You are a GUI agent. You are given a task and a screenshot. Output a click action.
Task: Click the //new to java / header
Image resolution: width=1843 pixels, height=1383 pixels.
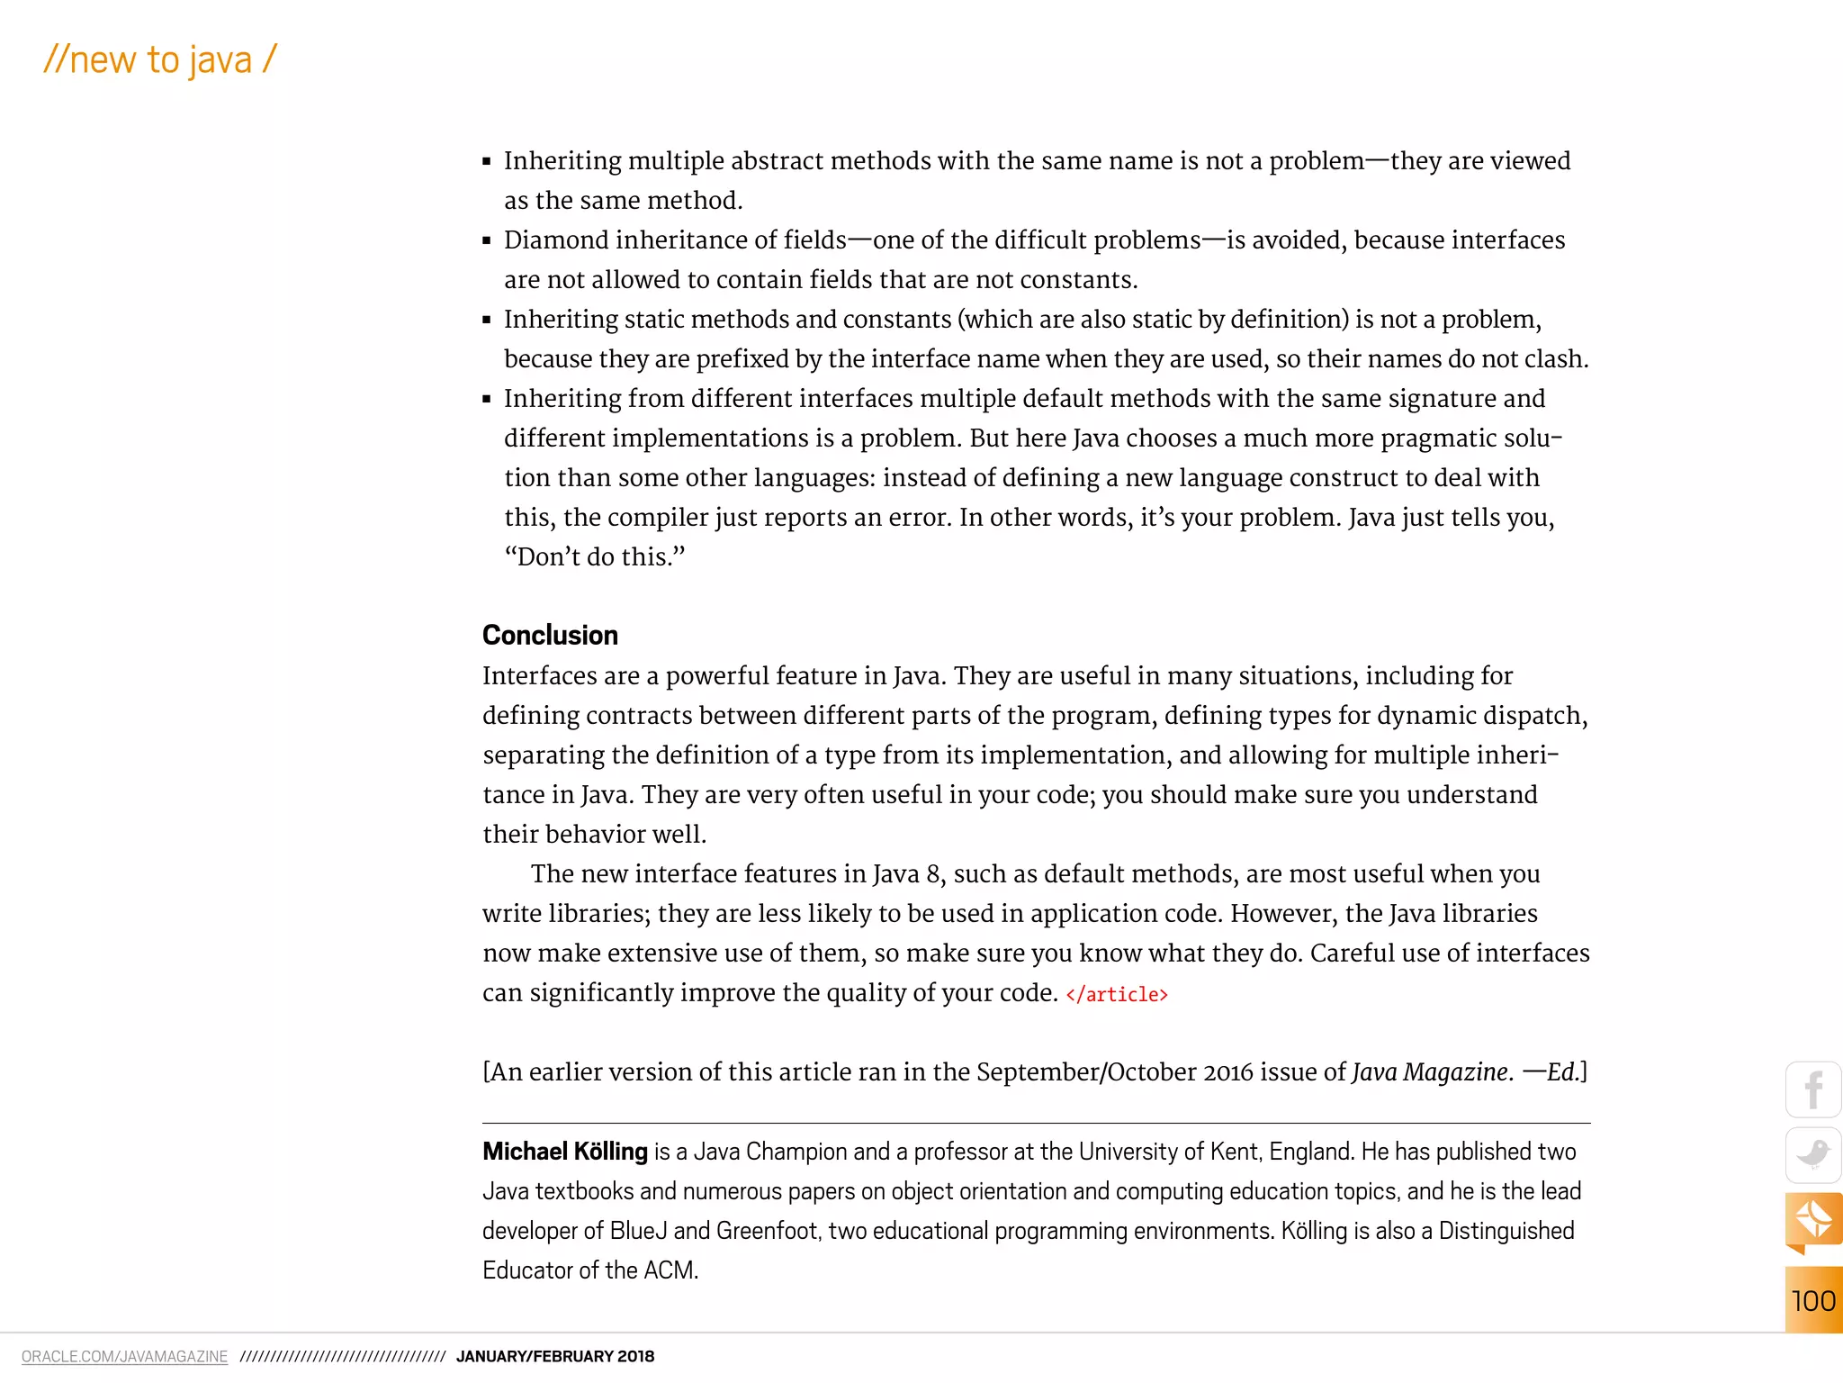click(160, 60)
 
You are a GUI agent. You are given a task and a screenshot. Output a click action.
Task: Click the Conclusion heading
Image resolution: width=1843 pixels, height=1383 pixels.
click(550, 635)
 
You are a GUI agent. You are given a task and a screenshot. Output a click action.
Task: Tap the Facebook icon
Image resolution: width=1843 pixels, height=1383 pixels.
click(1812, 1089)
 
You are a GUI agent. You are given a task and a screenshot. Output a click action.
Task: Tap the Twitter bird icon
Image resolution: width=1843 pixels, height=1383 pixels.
click(1812, 1154)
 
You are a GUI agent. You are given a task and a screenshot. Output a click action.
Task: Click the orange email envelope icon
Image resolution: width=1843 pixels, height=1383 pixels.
click(1812, 1219)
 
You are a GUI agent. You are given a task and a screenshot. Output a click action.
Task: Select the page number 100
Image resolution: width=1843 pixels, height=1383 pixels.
click(1812, 1301)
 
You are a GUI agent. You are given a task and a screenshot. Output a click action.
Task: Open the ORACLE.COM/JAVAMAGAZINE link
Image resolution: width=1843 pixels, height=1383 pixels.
click(124, 1356)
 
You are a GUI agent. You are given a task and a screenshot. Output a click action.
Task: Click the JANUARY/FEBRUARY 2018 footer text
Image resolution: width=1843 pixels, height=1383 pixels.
click(554, 1356)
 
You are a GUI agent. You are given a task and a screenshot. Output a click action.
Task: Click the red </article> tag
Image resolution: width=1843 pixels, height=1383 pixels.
click(1116, 994)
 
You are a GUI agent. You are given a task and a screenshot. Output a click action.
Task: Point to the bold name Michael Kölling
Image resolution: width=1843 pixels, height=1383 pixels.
click(564, 1152)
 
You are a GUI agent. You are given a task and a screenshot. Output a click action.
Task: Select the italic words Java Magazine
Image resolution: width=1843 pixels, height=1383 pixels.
click(1429, 1071)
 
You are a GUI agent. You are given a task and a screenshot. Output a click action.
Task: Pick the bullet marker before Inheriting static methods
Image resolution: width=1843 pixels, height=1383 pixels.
click(487, 320)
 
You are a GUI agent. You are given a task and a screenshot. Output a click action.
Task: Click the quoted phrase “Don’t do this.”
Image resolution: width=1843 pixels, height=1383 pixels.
click(594, 556)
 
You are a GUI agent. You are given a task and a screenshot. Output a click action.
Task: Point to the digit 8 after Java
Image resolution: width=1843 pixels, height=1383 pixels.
click(933, 874)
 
